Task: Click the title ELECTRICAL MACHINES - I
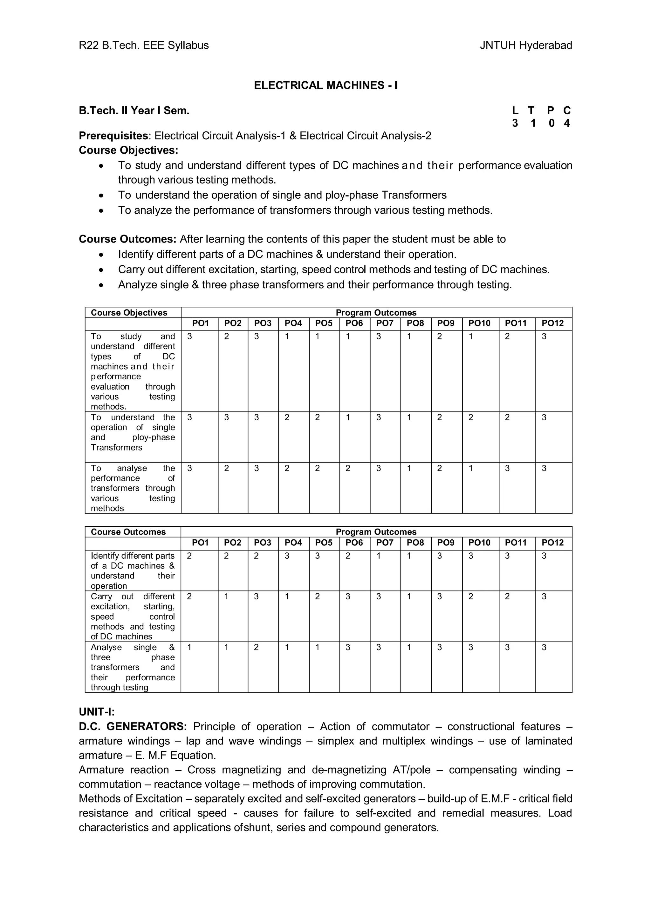(x=325, y=85)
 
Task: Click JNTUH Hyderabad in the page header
(x=525, y=45)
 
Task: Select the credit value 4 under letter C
(x=566, y=123)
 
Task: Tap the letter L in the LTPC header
(x=515, y=110)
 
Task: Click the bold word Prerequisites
(x=113, y=136)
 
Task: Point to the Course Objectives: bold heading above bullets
(x=128, y=150)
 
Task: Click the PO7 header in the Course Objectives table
(x=385, y=323)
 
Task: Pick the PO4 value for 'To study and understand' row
(x=287, y=337)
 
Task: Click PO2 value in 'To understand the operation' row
(x=227, y=417)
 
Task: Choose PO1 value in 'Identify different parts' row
(x=189, y=556)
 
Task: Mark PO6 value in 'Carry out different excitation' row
(x=348, y=597)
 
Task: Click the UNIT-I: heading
(x=97, y=712)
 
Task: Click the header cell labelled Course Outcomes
(x=128, y=532)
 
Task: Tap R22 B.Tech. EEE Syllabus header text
(x=144, y=45)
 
